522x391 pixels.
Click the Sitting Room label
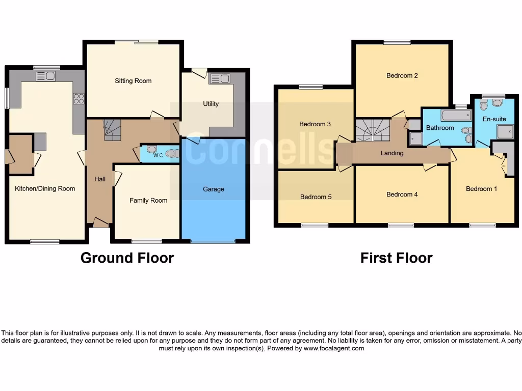[x=133, y=81]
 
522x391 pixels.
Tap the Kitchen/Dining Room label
[x=45, y=188]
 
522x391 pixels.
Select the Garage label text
[x=214, y=189]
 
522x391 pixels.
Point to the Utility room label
[x=211, y=104]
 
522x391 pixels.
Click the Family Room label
[x=148, y=201]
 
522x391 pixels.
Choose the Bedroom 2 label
[x=402, y=76]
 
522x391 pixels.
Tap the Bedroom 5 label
[x=316, y=197]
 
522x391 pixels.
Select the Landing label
[x=392, y=153]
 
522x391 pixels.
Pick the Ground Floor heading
[x=127, y=258]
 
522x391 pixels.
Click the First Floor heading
[x=396, y=258]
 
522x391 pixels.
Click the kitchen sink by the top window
[x=46, y=76]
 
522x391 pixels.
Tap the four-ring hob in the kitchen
[x=79, y=98]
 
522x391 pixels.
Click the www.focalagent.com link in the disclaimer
[x=333, y=348]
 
